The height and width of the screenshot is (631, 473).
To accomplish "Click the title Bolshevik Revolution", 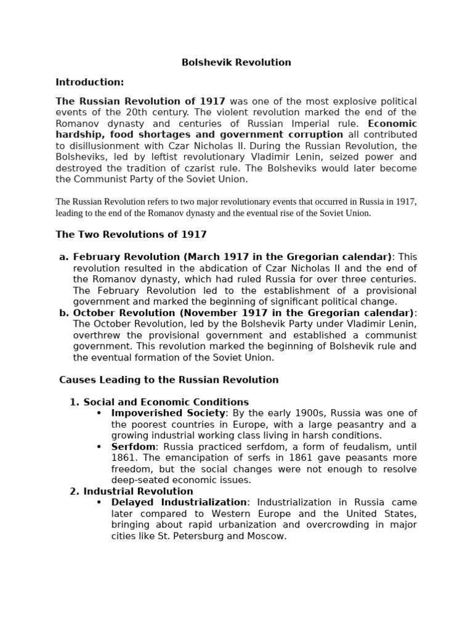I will coord(236,62).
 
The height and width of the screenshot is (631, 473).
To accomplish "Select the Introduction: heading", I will coord(90,82).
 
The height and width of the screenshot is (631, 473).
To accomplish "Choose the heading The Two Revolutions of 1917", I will coord(131,234).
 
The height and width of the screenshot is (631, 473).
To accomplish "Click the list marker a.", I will coord(63,257).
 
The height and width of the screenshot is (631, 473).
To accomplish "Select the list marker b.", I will coord(63,313).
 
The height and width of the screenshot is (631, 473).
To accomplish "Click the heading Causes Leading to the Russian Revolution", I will coord(169,380).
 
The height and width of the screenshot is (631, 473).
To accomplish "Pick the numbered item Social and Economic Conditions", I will coord(166,402).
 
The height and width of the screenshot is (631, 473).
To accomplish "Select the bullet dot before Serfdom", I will coord(99,447).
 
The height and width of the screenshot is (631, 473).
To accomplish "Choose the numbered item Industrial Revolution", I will coord(138,491).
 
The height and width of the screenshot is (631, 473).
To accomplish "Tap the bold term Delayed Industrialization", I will coord(179,503).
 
